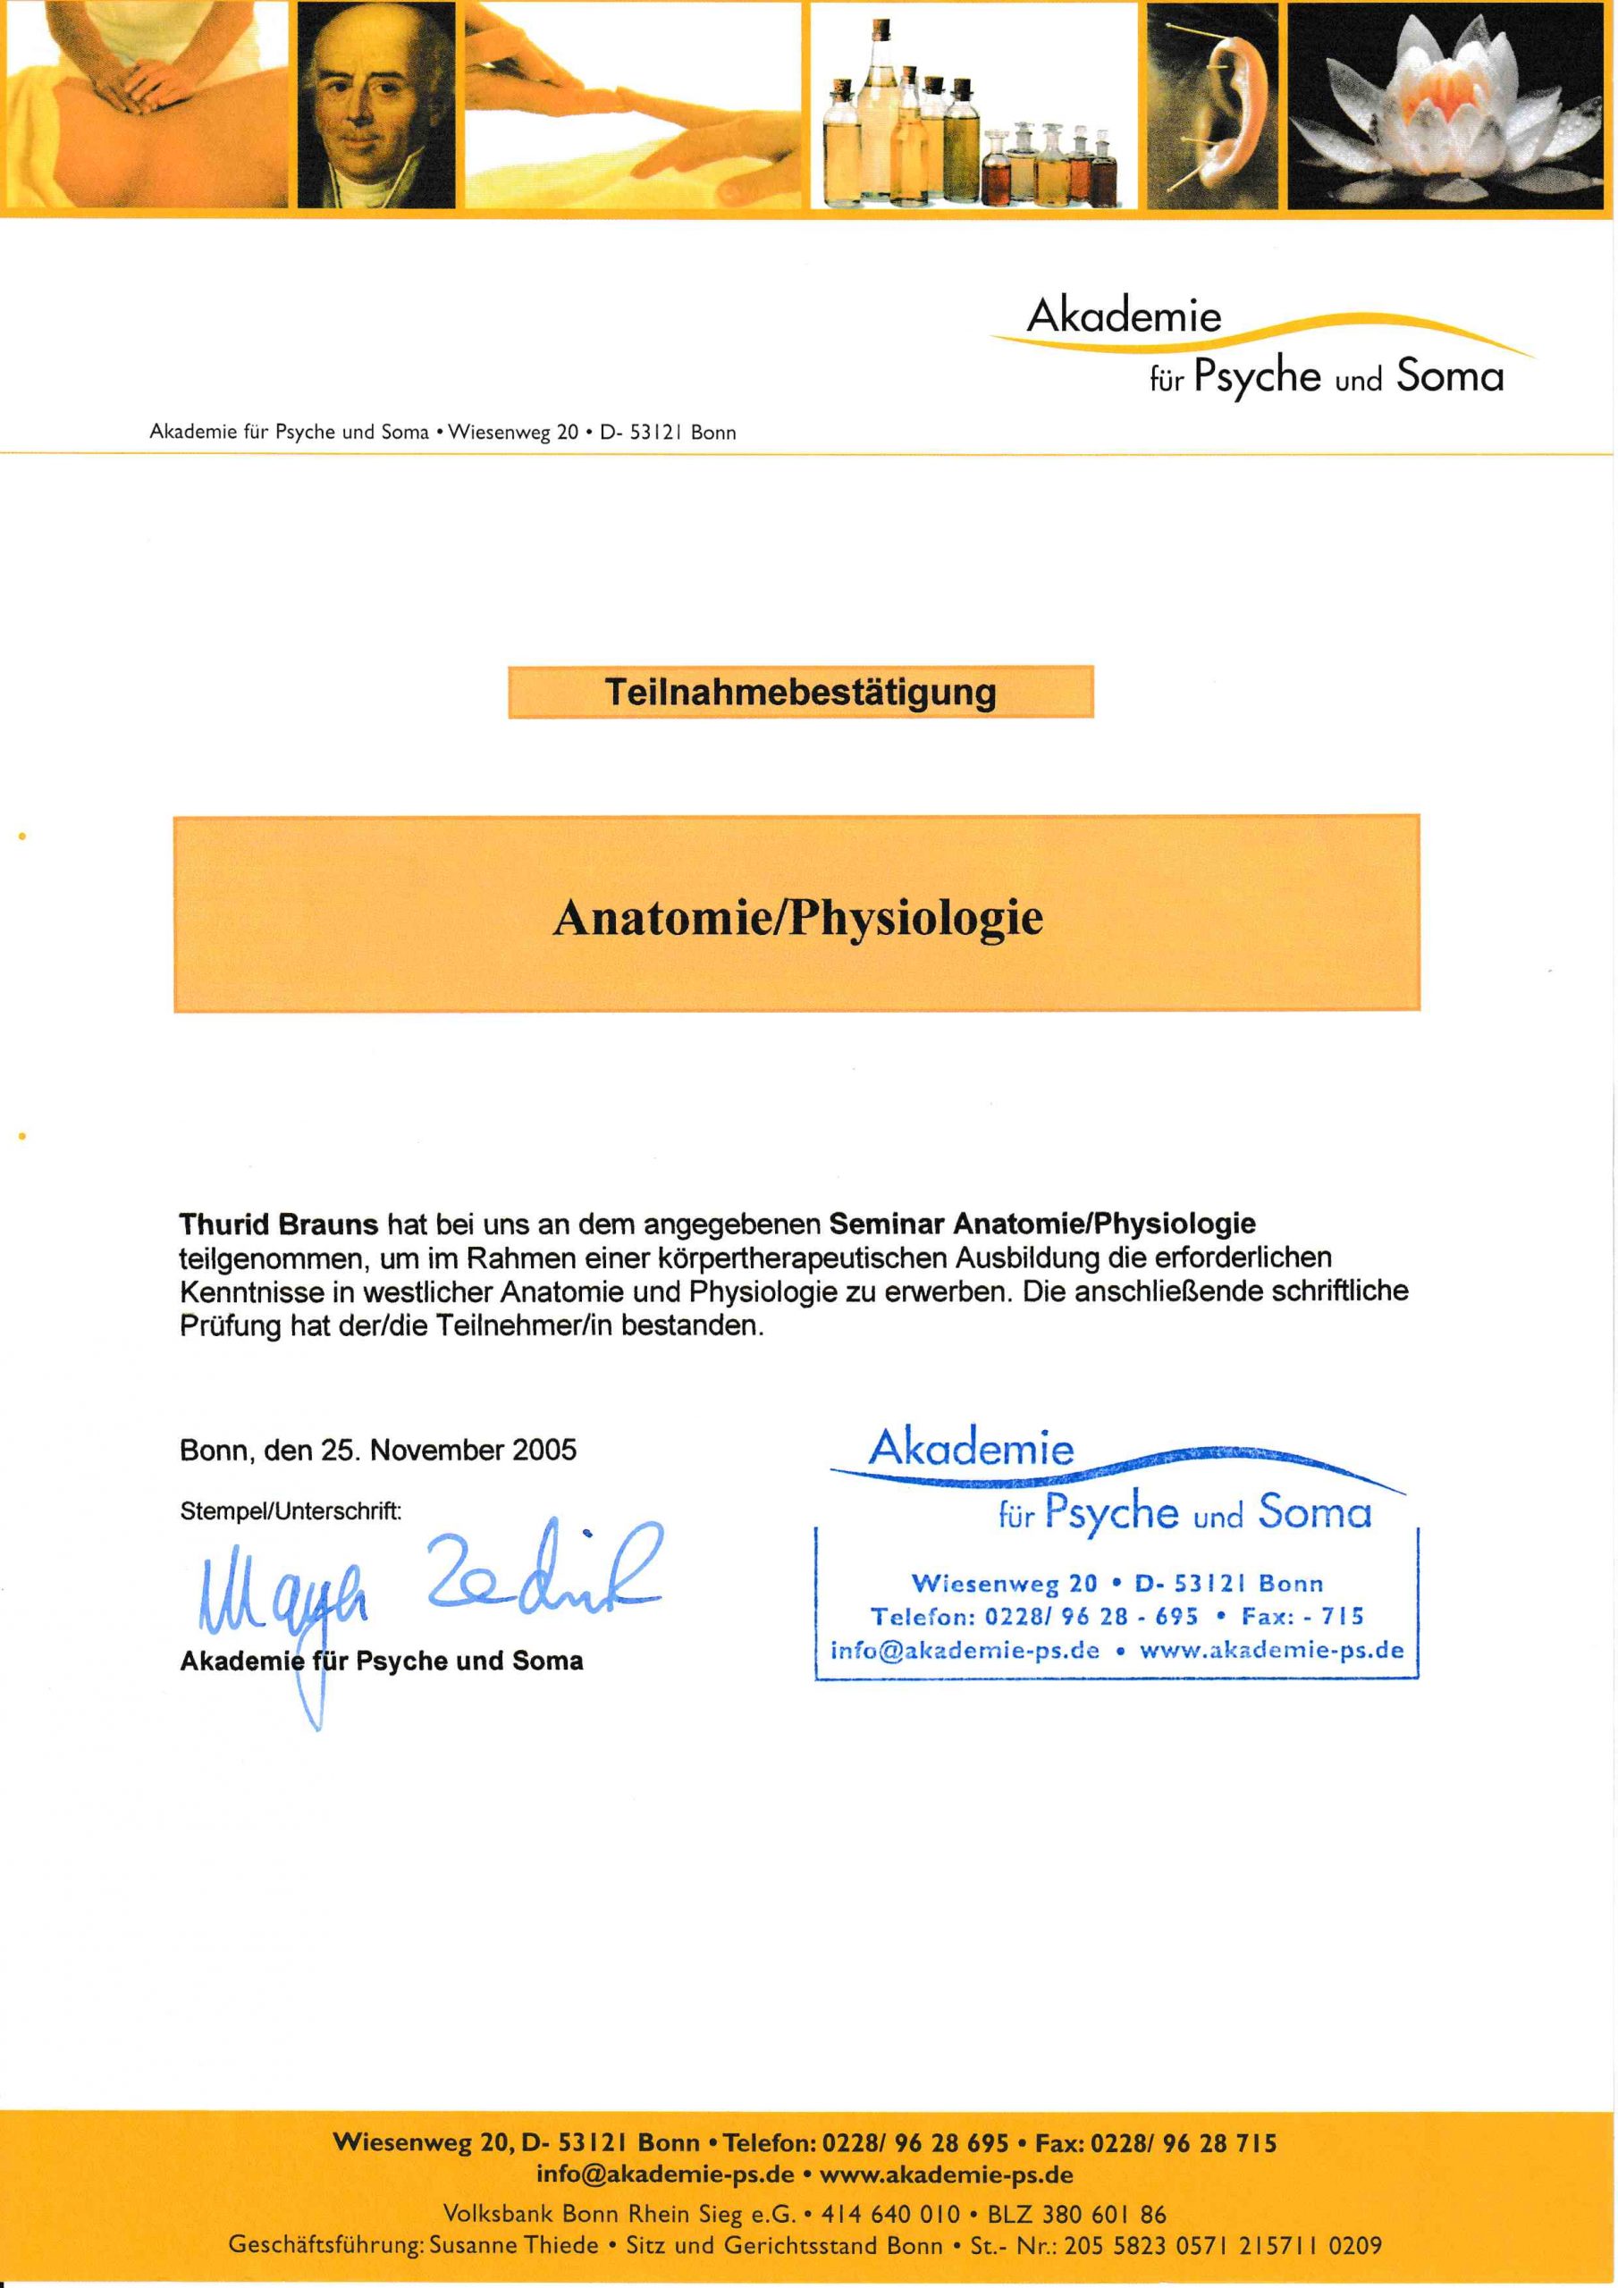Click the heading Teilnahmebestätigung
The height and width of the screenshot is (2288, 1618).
(801, 692)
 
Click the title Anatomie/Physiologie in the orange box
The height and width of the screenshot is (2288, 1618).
(797, 918)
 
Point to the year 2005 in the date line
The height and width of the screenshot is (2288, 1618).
(544, 1450)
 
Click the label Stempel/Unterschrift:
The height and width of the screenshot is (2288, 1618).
(291, 1510)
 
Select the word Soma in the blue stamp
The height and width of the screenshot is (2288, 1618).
(1314, 1513)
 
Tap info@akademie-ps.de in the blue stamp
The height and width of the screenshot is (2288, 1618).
(965, 1650)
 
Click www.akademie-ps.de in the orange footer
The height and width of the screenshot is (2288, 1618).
(946, 2174)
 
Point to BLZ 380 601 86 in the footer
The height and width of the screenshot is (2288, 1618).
(1075, 2214)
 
